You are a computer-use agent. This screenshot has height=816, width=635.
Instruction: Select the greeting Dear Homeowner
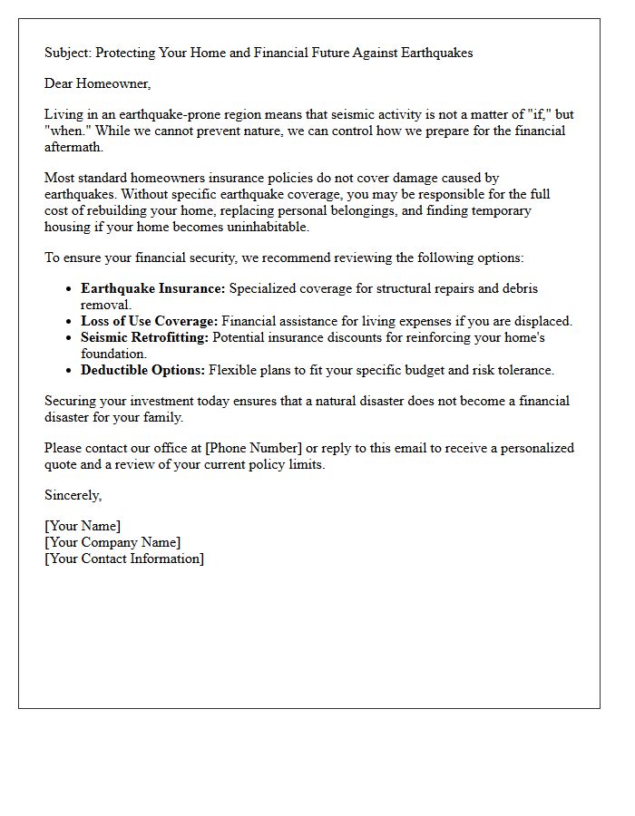point(98,83)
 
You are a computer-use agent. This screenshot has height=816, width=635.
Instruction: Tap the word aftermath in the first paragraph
point(73,147)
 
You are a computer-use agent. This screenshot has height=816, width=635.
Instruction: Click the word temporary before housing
point(501,210)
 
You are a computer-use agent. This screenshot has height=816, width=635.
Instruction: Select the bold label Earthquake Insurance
point(152,288)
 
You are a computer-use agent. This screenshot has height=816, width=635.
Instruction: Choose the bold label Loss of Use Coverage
point(150,321)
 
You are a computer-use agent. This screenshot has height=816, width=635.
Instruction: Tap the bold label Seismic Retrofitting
point(144,337)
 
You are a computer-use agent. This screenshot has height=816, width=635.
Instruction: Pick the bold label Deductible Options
point(142,370)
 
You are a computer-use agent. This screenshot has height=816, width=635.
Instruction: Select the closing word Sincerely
point(73,495)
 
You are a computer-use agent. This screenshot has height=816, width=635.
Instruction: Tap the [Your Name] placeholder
point(83,526)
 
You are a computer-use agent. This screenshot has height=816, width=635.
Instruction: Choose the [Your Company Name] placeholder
point(112,542)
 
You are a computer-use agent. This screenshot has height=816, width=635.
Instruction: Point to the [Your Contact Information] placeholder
point(124,559)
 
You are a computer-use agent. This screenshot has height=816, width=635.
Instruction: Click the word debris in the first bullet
point(519,288)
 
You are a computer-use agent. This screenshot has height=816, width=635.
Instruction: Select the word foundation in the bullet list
point(112,354)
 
